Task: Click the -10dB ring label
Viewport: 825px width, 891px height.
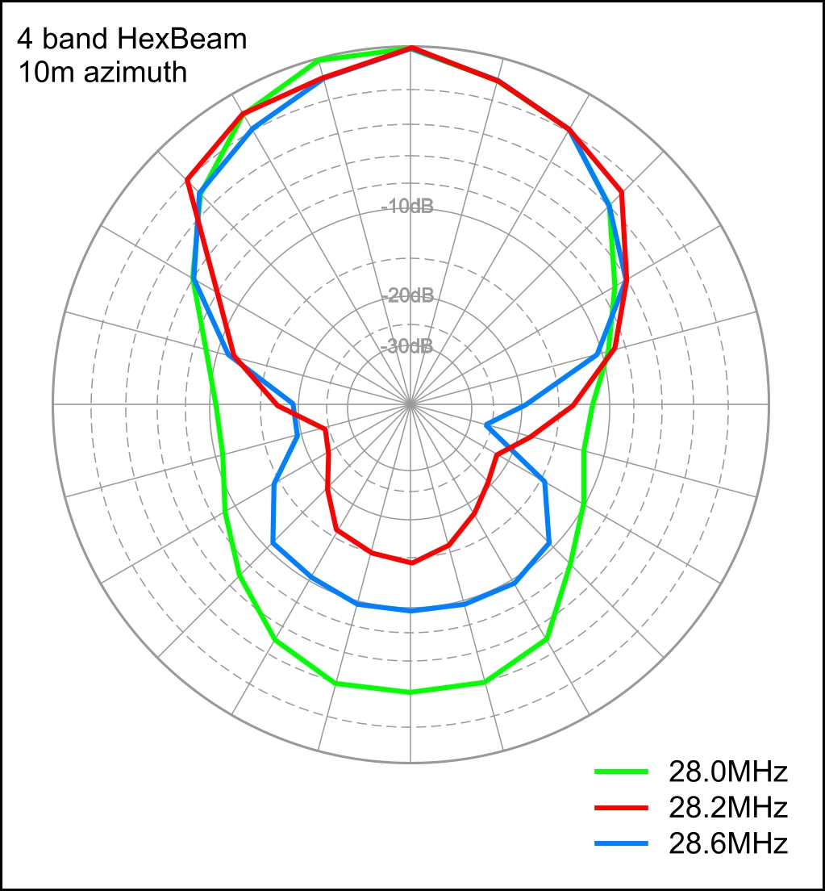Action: click(407, 207)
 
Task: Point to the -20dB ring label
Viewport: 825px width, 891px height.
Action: click(407, 295)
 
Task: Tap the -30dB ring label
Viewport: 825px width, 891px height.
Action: click(407, 347)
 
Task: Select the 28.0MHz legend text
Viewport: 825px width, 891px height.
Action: click(727, 772)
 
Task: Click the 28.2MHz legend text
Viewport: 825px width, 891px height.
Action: click(727, 808)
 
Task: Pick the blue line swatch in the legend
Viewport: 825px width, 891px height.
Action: click(622, 843)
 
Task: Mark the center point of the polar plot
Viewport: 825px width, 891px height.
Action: click(410, 402)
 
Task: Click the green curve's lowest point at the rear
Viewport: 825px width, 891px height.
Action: click(410, 692)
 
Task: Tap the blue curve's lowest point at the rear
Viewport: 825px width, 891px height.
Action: click(410, 611)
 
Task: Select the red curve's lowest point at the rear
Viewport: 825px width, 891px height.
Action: click(411, 563)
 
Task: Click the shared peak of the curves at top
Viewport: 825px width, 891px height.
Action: click(410, 48)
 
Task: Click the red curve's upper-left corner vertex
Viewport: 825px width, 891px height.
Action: click(187, 179)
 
